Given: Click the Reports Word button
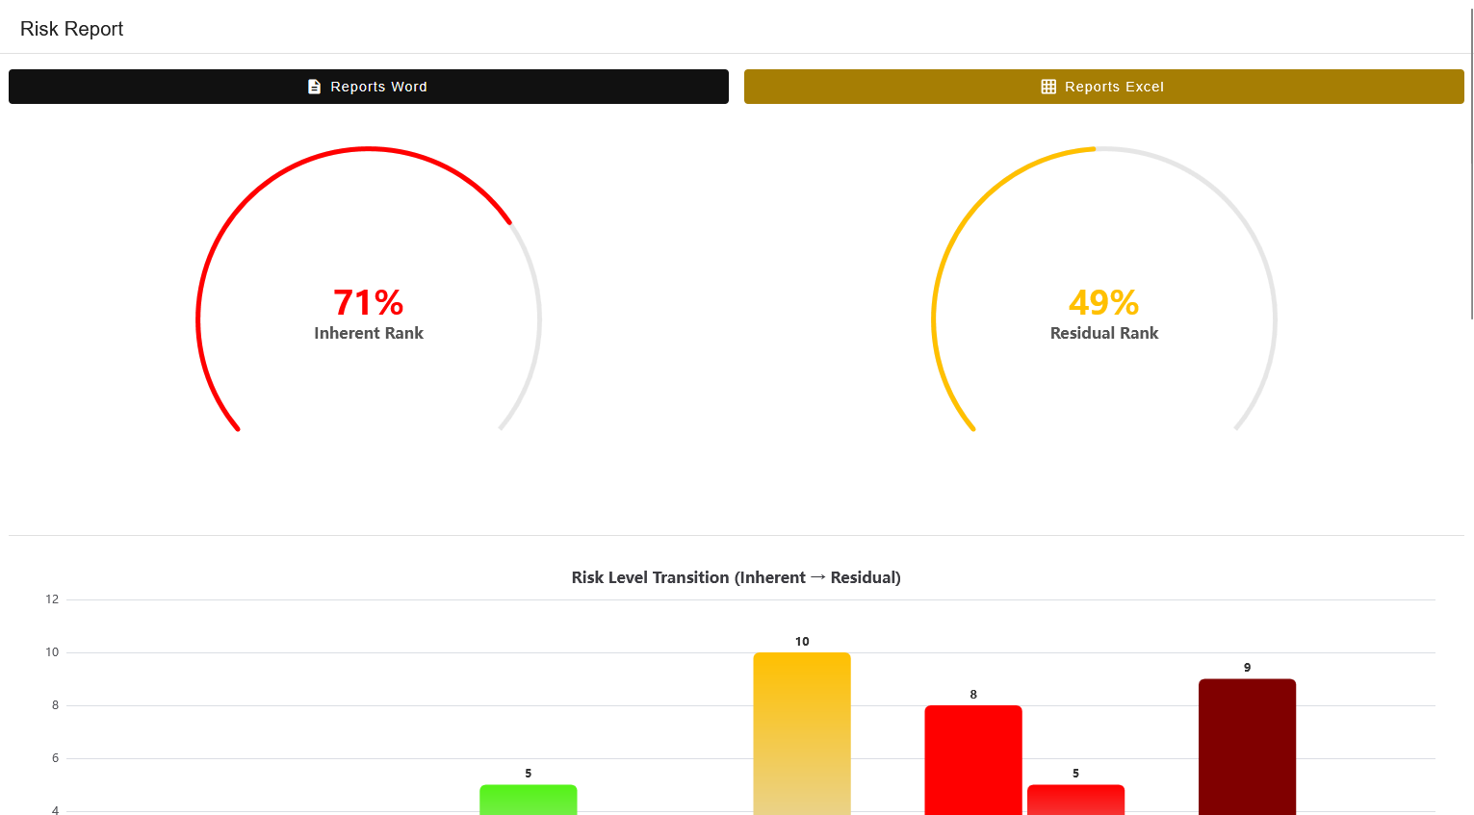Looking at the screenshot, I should (x=368, y=87).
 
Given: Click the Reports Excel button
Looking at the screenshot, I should (x=1103, y=87).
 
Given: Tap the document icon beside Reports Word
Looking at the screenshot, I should (x=314, y=87).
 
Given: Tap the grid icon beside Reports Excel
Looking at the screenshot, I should (x=1048, y=87).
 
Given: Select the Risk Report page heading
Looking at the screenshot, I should (x=72, y=29).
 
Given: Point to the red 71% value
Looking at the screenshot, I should (x=368, y=302).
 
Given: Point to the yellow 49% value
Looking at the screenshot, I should (x=1103, y=302).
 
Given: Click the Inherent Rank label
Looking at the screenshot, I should (x=369, y=333).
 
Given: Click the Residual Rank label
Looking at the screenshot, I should (x=1104, y=333).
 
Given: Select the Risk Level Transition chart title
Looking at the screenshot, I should (x=736, y=577).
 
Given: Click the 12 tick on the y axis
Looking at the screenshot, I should (x=52, y=599).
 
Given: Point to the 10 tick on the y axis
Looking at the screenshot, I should (x=52, y=652).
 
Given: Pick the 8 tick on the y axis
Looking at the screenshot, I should (x=55, y=705).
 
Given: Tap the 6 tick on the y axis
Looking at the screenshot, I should (x=55, y=758).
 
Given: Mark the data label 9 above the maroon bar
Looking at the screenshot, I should (x=1247, y=668).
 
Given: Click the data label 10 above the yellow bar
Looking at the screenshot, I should (x=802, y=642).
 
